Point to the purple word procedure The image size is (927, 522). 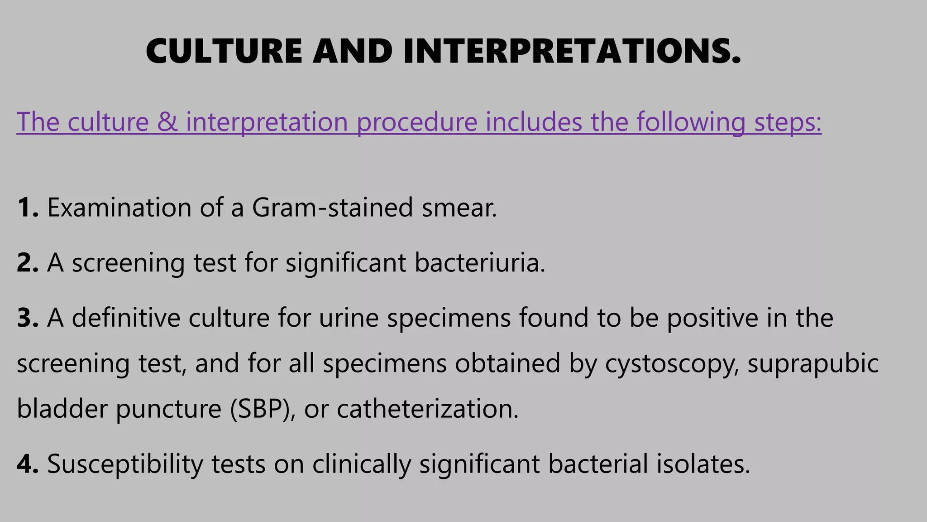tap(417, 122)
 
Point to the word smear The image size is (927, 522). tap(459, 208)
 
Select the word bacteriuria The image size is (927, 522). tap(480, 263)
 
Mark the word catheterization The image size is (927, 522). tap(427, 409)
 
